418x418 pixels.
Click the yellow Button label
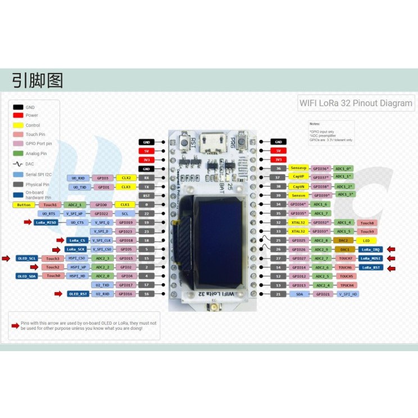pyautogui.click(x=24, y=205)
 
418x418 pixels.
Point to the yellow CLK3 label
pyautogui.click(x=125, y=187)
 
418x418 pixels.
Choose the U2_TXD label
pyautogui.click(x=103, y=285)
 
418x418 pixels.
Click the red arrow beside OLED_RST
pyautogui.click(x=58, y=293)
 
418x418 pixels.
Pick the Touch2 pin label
pyautogui.click(x=53, y=267)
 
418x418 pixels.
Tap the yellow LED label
pyautogui.click(x=366, y=240)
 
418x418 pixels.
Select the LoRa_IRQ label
pyautogui.click(x=370, y=249)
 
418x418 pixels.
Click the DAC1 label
pyautogui.click(x=344, y=249)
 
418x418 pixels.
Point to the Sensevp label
pyautogui.click(x=298, y=169)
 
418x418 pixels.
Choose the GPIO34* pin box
pyautogui.click(x=298, y=205)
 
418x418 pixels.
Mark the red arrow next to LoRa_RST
pyautogui.click(x=391, y=267)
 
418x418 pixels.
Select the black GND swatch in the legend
pyautogui.click(x=19, y=107)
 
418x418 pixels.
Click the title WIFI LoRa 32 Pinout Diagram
pyautogui.click(x=356, y=103)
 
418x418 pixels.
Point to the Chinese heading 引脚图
pyautogui.click(x=38, y=80)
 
